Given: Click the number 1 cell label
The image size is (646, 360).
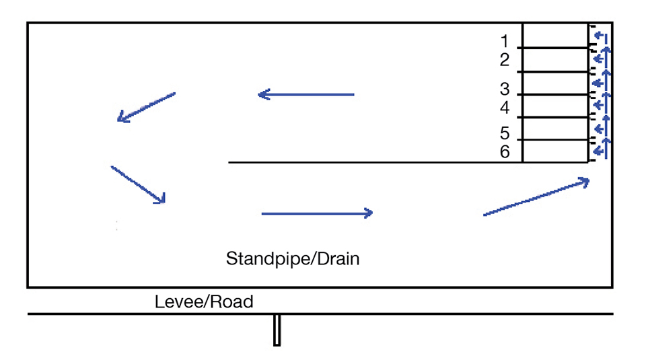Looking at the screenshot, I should [505, 42].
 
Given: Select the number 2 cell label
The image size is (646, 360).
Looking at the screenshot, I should [505, 61].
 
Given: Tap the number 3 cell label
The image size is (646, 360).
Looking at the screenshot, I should [505, 89].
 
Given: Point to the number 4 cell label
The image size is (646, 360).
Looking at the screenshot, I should [505, 108].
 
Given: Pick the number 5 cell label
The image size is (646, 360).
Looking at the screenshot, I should [505, 134].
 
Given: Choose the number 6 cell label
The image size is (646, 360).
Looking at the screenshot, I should [505, 152].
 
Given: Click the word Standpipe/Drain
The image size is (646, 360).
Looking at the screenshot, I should [293, 258].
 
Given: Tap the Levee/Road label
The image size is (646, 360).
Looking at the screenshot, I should [204, 301].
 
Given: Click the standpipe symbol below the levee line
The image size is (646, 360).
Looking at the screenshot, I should [277, 330].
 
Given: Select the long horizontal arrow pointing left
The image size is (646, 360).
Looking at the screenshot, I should [306, 95].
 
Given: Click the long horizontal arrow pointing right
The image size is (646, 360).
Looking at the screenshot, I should [316, 213].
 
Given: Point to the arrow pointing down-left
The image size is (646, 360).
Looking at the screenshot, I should [146, 108].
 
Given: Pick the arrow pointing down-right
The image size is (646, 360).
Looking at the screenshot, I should [138, 184].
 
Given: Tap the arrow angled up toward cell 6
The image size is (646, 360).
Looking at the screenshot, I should [536, 197].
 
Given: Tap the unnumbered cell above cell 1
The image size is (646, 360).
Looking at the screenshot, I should [555, 35].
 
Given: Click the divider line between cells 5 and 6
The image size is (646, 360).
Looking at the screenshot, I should [555, 140].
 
